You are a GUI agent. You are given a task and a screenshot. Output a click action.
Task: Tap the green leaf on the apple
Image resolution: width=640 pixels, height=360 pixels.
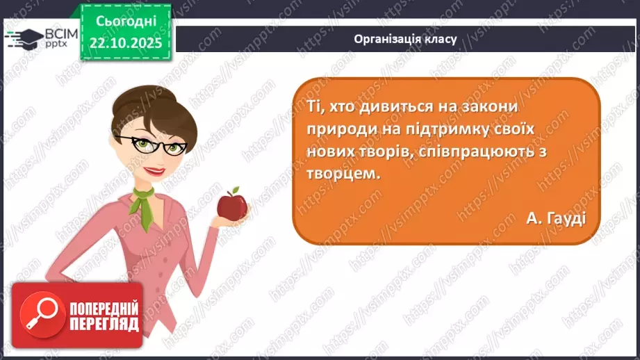[x=235, y=190]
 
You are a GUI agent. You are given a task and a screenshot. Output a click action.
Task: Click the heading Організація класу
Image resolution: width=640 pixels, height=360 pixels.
[x=405, y=39]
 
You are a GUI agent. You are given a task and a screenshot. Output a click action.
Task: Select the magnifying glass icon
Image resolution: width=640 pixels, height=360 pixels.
[x=40, y=313]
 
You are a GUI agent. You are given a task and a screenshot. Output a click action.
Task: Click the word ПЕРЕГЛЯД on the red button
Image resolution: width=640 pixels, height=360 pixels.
[x=104, y=324]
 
